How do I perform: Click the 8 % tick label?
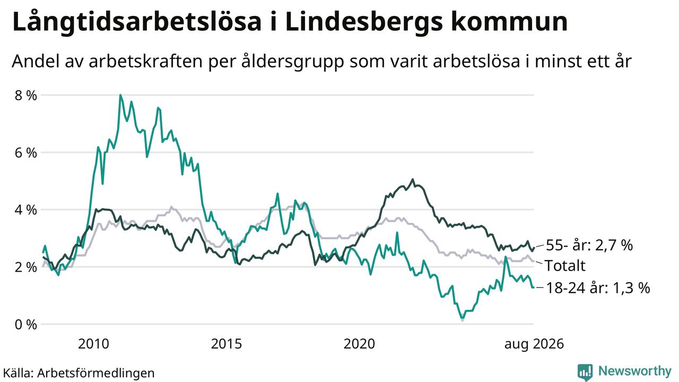(x=26, y=95)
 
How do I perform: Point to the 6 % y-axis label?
(x=26, y=153)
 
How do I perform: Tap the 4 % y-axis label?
(x=26, y=210)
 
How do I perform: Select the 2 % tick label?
(x=26, y=267)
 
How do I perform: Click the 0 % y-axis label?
(x=26, y=324)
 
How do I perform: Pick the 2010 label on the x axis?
(x=93, y=344)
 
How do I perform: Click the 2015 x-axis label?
(x=227, y=344)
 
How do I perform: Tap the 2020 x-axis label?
(x=359, y=344)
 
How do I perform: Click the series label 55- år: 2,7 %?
(x=589, y=245)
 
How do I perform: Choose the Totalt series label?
(x=565, y=266)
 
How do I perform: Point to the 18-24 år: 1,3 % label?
(x=598, y=288)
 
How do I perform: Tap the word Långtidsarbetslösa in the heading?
(x=137, y=23)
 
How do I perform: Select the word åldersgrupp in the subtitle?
(x=292, y=62)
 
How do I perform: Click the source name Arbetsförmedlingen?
(x=96, y=373)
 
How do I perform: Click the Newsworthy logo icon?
(x=585, y=372)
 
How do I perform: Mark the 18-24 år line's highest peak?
(x=120, y=95)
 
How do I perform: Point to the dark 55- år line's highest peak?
(x=412, y=179)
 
